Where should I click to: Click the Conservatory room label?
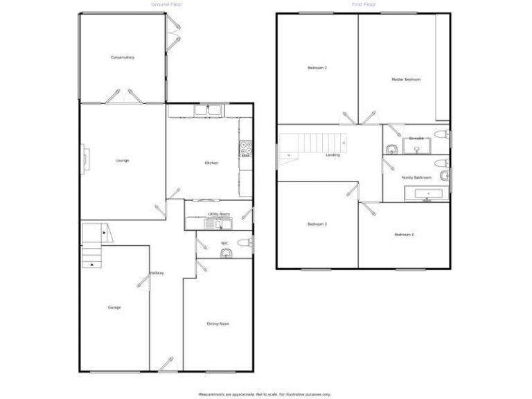(122, 57)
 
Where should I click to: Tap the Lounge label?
(122, 161)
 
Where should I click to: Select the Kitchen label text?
(211, 163)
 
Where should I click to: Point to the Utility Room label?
(219, 214)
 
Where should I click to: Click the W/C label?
(224, 243)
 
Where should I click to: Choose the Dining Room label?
(218, 323)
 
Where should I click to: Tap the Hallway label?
(157, 273)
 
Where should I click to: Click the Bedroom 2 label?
(317, 68)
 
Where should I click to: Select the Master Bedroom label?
(406, 80)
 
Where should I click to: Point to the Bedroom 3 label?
(317, 224)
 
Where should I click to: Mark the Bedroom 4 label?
(404, 235)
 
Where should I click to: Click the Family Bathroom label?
(416, 177)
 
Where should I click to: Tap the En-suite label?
(416, 139)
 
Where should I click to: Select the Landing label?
(332, 155)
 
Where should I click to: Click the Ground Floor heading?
(166, 4)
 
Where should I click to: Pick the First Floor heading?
(363, 4)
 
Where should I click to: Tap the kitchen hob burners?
(245, 148)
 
